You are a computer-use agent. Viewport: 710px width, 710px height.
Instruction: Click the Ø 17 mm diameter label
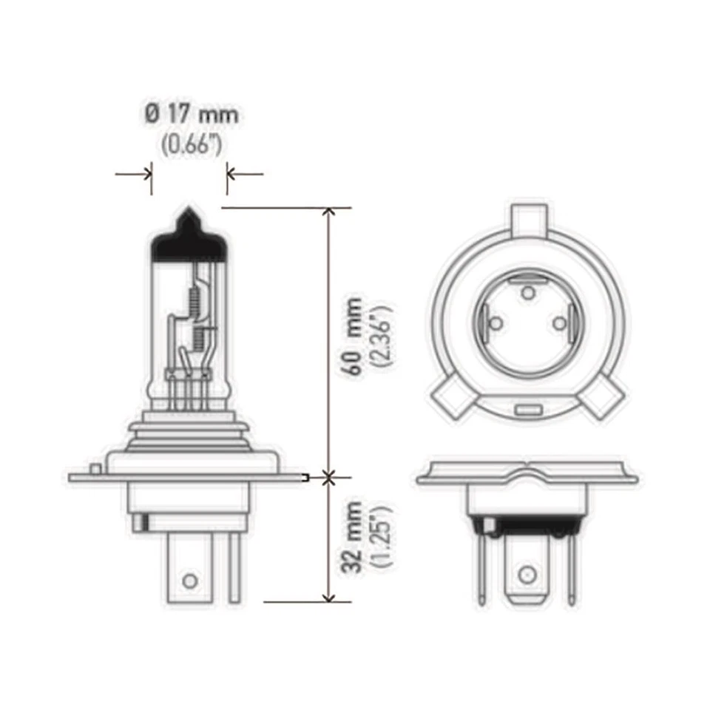(x=191, y=115)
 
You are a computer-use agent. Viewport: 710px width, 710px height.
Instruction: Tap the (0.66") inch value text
(x=191, y=145)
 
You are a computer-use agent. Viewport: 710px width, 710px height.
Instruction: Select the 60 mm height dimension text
(x=354, y=337)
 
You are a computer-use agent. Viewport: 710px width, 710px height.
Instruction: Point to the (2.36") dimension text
(x=385, y=337)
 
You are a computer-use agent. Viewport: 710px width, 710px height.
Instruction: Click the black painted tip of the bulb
(x=188, y=238)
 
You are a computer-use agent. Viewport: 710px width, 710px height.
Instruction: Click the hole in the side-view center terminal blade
(x=190, y=580)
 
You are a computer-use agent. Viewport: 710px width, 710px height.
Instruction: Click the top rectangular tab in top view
(x=530, y=219)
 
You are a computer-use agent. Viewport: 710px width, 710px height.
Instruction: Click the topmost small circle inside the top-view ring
(x=527, y=293)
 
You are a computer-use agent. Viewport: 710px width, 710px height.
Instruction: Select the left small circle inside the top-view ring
(x=496, y=322)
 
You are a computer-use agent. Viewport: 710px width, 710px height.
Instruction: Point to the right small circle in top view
(x=560, y=322)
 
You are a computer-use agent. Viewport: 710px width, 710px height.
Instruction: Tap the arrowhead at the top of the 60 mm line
(x=330, y=213)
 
